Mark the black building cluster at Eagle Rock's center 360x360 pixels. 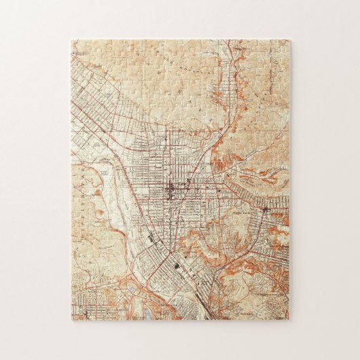click(265, 211)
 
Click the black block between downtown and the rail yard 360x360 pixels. click(150, 239)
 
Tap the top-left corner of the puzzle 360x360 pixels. click(71, 40)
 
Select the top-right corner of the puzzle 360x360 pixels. click(289, 40)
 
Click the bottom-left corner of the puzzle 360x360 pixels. click(71, 320)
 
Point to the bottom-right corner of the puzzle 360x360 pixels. click(289, 320)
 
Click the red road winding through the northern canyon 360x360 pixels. click(234, 88)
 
